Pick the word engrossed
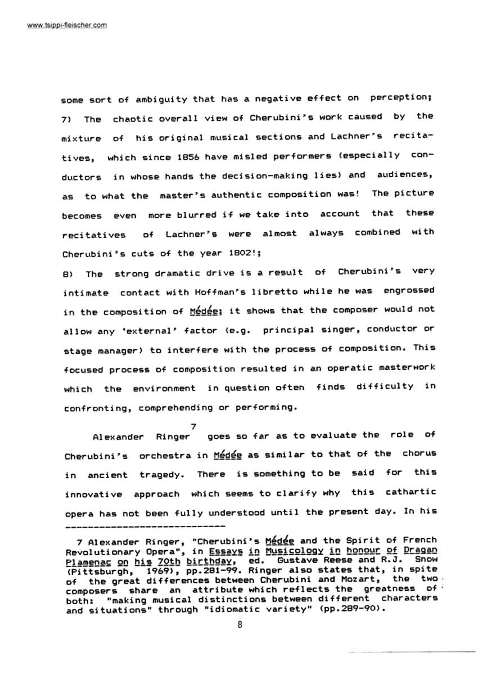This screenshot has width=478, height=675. [409, 291]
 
